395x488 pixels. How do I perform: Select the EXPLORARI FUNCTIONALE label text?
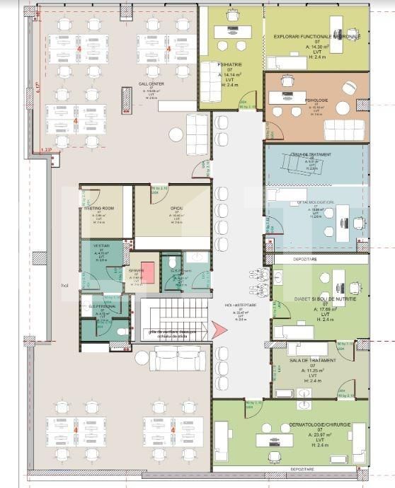pos(316,36)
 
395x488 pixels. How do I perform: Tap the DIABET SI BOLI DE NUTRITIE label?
pos(326,299)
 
